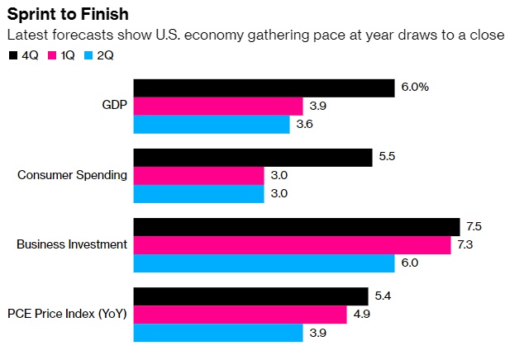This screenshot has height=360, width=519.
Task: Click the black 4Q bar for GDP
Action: [264, 88]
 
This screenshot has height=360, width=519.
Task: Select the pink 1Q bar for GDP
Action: [218, 107]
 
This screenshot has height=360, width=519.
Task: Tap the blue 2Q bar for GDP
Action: [212, 125]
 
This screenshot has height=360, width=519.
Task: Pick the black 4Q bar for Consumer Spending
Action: [253, 157]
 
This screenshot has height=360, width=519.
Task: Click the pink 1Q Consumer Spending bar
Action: [198, 175]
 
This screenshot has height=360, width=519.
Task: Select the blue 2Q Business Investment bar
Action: [264, 263]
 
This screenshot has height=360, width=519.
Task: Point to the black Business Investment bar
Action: [297, 226]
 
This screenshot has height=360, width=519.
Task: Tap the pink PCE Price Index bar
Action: [240, 315]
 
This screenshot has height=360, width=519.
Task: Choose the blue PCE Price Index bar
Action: [218, 333]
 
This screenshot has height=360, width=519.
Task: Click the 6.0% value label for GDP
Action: [415, 88]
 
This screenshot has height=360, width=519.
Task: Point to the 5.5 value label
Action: [387, 157]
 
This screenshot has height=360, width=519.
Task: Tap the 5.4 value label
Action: [383, 296]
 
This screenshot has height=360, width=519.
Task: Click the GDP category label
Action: [113, 106]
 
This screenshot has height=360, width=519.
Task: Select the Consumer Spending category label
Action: [73, 175]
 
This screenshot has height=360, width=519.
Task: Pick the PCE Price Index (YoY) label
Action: [67, 314]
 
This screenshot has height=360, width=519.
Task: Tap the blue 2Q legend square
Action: [92, 55]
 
